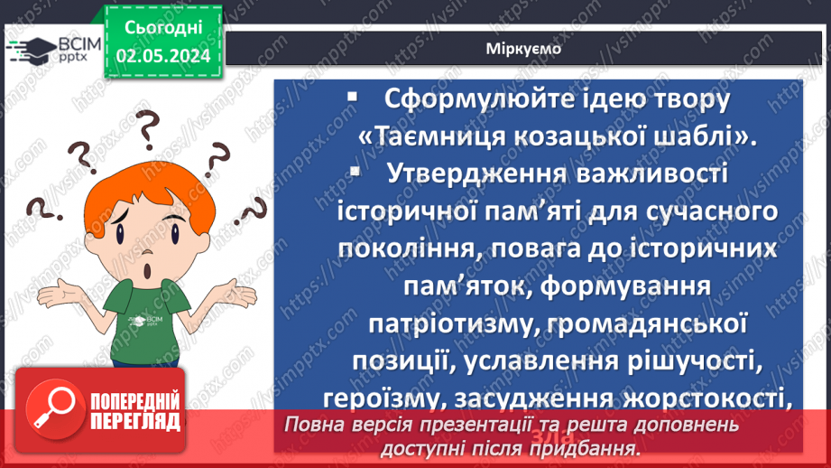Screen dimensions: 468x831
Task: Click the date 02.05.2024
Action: [163, 56]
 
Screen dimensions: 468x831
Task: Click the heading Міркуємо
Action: [519, 49]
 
